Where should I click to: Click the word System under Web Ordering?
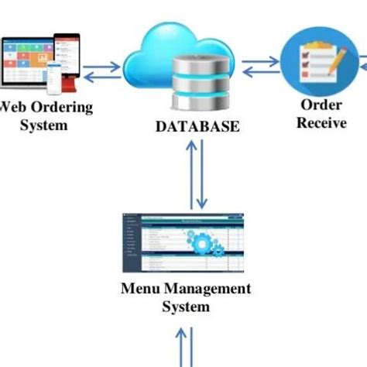pyautogui.click(x=45, y=125)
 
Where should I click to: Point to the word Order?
pyautogui.click(x=321, y=105)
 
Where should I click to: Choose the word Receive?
pyautogui.click(x=321, y=122)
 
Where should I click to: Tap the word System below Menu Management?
pyautogui.click(x=186, y=307)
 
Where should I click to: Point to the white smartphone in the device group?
pyautogui.click(x=53, y=75)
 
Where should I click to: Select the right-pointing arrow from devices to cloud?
pyautogui.click(x=104, y=67)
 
